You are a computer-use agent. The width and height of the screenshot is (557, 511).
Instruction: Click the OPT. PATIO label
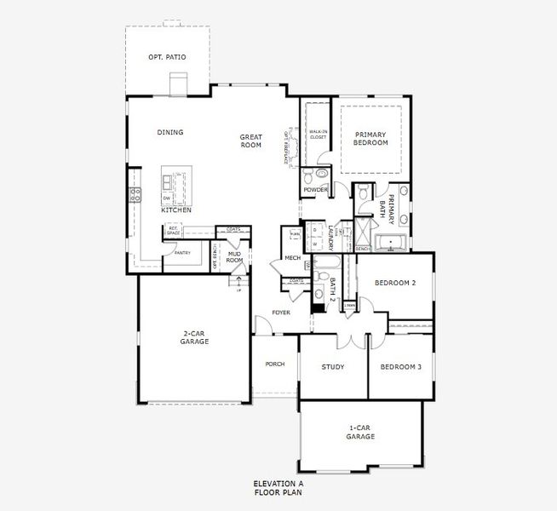167,57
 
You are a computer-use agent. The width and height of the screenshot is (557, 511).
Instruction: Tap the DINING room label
170,132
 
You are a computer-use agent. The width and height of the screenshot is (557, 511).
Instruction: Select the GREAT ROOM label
250,141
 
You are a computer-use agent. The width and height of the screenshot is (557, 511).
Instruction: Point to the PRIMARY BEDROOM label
370,138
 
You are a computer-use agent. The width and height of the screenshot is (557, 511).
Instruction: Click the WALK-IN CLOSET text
319,134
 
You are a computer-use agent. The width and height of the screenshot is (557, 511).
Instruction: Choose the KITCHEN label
176,210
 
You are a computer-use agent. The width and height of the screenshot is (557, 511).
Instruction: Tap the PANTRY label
181,253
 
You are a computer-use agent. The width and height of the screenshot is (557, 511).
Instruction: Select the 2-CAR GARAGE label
195,337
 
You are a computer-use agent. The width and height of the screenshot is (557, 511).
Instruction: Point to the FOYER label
281,313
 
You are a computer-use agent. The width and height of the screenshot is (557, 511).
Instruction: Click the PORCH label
274,364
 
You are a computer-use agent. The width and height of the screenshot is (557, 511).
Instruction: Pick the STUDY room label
332,367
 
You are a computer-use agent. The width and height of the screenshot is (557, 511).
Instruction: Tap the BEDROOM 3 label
400,367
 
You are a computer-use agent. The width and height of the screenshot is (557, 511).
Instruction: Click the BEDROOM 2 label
395,283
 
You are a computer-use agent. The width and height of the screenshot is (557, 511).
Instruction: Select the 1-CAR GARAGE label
361,432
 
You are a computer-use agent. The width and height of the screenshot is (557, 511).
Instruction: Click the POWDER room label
315,190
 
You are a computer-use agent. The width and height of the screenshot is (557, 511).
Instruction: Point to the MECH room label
292,257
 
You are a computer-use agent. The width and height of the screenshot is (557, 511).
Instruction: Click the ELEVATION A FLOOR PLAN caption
278,488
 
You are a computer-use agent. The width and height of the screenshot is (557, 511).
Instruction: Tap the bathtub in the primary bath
392,244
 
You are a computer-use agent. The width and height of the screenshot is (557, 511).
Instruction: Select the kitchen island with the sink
173,187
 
